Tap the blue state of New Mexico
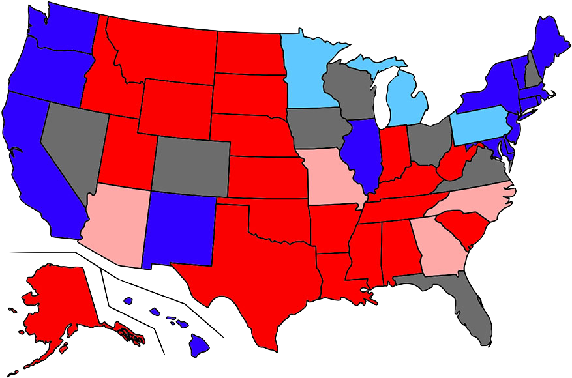click(179, 228)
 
